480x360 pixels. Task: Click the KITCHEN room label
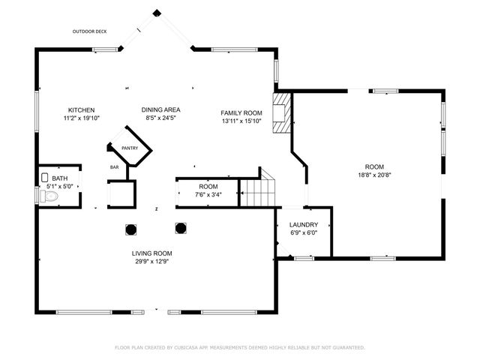pos(81,109)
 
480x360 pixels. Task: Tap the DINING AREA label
pos(160,109)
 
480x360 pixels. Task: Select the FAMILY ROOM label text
pos(241,112)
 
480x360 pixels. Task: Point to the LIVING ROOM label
pos(152,253)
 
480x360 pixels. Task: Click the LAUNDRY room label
pos(304,224)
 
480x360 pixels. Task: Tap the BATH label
pos(59,178)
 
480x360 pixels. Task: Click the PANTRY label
pos(130,148)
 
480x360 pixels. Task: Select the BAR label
pos(115,167)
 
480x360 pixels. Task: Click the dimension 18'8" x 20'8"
pos(374,175)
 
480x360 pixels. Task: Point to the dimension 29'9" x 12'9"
pos(152,262)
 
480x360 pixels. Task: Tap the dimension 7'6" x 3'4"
pos(208,194)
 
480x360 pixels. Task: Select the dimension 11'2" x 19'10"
pos(81,118)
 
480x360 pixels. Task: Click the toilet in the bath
pos(49,196)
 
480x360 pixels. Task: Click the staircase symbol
pos(257,192)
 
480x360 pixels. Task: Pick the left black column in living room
pos(130,229)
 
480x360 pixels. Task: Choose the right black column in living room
pos(180,227)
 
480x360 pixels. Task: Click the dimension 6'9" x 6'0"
pos(304,232)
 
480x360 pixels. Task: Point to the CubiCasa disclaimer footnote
pos(240,347)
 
